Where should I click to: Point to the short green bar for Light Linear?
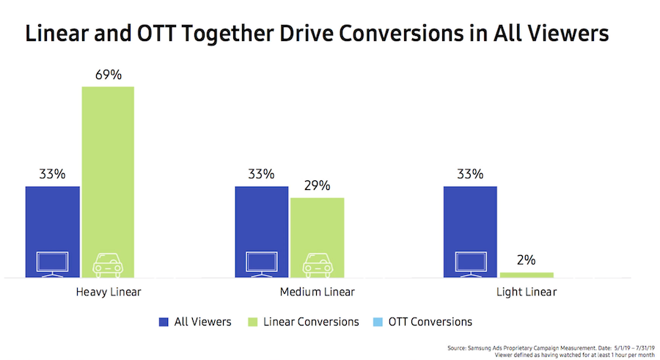527,275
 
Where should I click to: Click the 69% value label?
107,76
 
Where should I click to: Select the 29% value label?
317,186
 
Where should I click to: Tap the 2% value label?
527,260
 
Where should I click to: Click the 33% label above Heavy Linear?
52,175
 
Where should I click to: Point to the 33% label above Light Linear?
470,175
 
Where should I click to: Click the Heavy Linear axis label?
108,292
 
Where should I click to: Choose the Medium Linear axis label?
318,292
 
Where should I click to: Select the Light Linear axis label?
525,292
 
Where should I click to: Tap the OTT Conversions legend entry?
423,321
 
